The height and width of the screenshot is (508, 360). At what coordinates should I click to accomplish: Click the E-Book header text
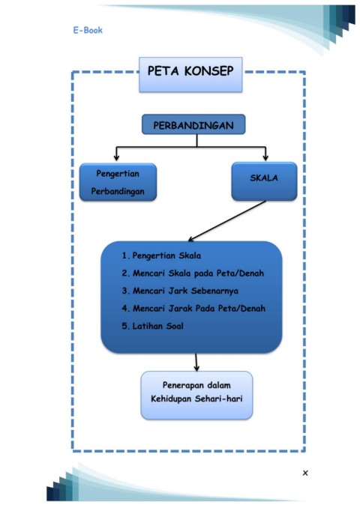(x=88, y=30)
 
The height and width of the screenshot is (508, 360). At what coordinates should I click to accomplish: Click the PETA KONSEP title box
(x=190, y=74)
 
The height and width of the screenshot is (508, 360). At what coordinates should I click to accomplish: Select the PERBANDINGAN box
(x=193, y=124)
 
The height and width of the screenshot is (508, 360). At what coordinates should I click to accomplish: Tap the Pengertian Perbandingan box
(x=118, y=182)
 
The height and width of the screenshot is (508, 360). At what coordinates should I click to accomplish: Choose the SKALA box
(x=264, y=181)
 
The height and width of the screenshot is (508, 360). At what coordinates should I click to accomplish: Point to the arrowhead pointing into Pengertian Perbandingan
(x=116, y=158)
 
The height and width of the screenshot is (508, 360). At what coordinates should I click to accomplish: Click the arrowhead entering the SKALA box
(x=265, y=158)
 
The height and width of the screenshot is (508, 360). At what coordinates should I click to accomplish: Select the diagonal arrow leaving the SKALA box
(x=227, y=221)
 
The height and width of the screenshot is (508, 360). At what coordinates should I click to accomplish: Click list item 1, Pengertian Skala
(x=161, y=255)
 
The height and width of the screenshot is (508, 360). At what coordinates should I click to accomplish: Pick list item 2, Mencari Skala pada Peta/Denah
(x=193, y=273)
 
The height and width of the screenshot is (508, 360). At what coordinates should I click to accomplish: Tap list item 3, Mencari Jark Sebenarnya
(x=180, y=291)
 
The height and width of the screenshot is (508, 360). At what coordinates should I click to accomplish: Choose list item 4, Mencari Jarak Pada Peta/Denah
(x=193, y=308)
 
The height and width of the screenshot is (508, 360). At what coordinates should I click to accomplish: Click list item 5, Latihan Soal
(x=153, y=326)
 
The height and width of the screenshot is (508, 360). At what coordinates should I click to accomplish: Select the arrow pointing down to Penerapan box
(x=196, y=362)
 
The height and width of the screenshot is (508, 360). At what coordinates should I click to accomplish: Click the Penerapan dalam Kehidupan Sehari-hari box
(x=196, y=396)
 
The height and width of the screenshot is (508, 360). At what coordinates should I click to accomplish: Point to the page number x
(x=305, y=473)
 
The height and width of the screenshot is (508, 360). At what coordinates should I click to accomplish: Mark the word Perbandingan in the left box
(x=118, y=192)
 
